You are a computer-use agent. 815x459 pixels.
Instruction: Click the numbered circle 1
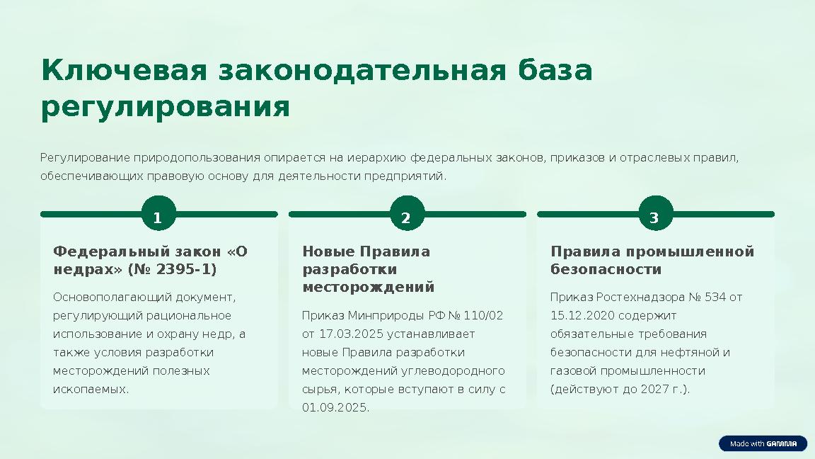(158, 218)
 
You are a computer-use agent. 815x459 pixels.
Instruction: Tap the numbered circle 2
(406, 218)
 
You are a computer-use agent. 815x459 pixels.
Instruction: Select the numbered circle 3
(654, 218)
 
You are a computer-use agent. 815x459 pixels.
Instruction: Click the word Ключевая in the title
(124, 71)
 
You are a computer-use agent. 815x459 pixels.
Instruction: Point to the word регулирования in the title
(166, 108)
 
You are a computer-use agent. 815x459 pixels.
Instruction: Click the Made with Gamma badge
(763, 444)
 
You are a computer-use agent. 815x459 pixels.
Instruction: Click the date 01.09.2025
(335, 407)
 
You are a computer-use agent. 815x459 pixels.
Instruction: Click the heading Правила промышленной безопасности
(652, 261)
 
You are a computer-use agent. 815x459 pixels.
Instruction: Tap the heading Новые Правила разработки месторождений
(368, 270)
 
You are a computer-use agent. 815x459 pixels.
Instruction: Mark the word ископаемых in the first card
(91, 389)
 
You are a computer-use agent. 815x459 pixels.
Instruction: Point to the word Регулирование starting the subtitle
(86, 157)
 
